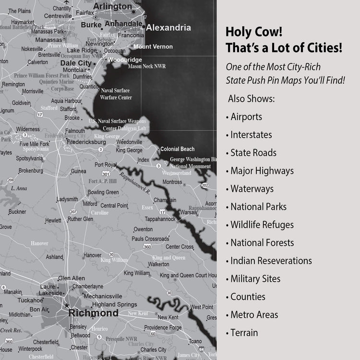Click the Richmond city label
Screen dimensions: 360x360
(93, 313)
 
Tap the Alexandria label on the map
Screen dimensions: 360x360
(168, 28)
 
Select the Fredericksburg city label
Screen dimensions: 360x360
(87, 142)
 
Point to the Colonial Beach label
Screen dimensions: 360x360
(178, 149)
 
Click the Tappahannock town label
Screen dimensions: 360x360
(160, 219)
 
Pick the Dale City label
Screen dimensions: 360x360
(75, 63)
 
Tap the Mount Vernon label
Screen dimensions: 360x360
(153, 47)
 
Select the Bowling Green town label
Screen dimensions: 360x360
(103, 192)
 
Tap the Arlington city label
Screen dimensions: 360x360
(113, 6)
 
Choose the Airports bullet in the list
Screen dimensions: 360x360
(246, 117)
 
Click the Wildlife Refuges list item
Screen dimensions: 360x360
(262, 225)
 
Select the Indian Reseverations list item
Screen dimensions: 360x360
(271, 261)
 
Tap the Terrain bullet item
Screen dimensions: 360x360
(244, 333)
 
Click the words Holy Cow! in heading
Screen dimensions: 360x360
(251, 33)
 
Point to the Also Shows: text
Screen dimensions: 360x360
(251, 99)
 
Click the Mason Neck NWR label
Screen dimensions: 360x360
(146, 66)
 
